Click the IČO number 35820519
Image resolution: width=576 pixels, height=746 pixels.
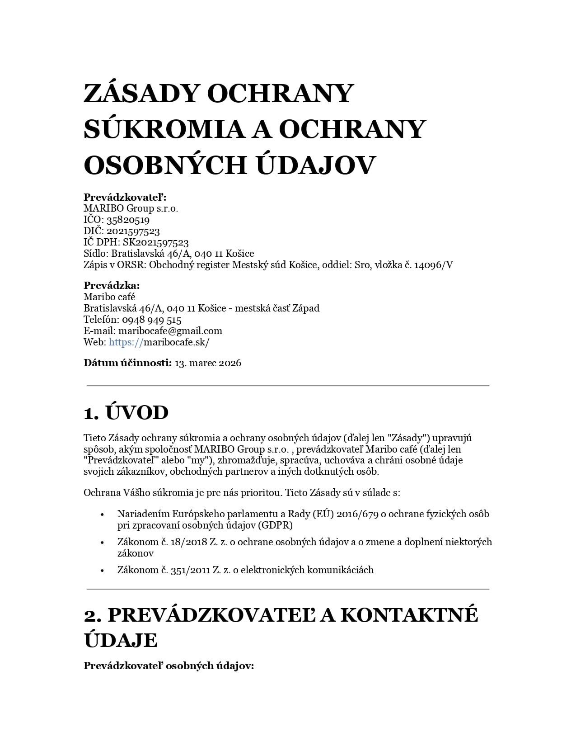[128, 220]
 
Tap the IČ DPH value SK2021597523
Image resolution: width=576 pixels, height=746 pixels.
[155, 242]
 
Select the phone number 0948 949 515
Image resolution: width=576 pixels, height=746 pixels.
[151, 320]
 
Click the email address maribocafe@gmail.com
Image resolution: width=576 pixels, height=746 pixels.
[170, 331]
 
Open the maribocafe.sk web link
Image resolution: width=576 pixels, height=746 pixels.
[159, 342]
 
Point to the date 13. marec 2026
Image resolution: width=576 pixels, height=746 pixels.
[208, 363]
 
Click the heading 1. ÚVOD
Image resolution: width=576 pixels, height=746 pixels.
[126, 412]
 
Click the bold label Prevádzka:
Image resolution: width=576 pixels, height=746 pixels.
[112, 285]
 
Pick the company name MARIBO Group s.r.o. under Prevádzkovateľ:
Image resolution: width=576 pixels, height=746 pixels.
[131, 208]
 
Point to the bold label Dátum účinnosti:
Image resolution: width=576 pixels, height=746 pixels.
[127, 363]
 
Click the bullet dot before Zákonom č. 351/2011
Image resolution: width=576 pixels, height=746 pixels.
[103, 570]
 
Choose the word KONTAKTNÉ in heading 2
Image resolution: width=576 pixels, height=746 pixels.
[409, 615]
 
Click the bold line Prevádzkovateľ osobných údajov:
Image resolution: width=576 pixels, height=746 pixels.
[169, 666]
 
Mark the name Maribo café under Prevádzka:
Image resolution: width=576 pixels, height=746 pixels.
[109, 297]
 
